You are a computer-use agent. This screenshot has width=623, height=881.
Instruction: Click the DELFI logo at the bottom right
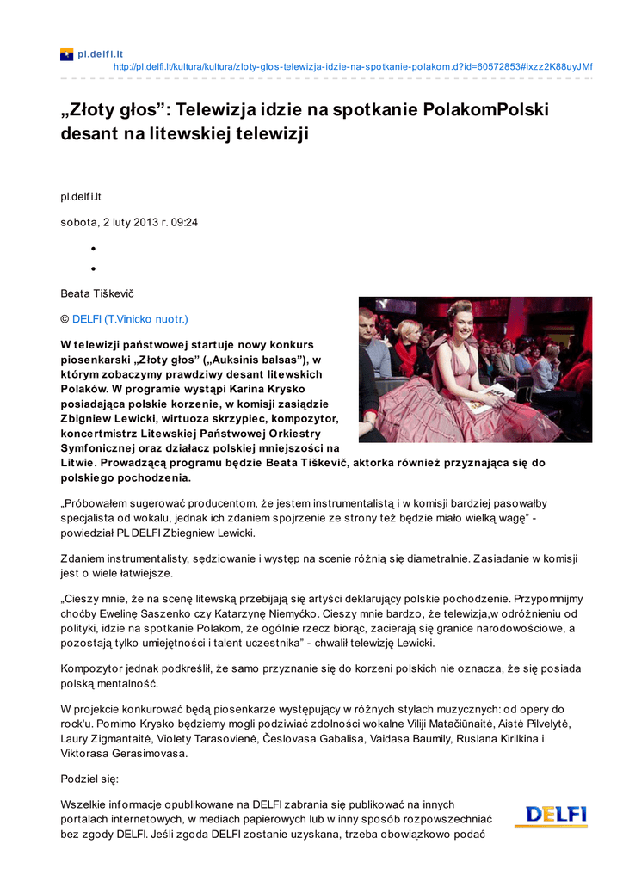pos(556,815)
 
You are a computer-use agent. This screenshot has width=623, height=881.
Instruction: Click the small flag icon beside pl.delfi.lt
pos(66,54)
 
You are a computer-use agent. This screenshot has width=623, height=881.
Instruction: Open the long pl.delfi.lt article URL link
pos(353,66)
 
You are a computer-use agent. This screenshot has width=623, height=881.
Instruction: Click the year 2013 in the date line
pos(137,222)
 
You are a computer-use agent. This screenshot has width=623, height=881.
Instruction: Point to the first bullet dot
pos(92,249)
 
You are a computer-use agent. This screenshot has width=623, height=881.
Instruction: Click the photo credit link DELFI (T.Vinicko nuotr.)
pos(130,318)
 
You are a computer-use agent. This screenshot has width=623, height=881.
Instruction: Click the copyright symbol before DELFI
pos(65,318)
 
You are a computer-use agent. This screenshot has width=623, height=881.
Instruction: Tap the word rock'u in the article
pos(77,724)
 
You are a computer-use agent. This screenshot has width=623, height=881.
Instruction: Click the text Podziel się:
pos(89,779)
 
